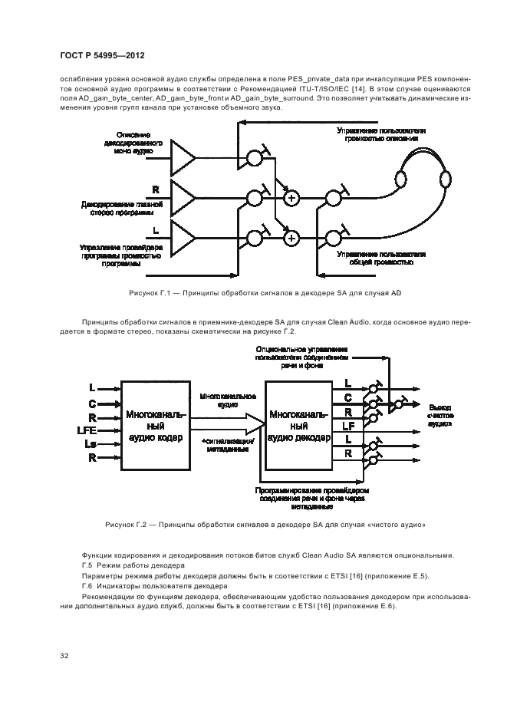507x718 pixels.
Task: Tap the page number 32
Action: coord(65,655)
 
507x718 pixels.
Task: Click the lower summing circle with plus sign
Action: coord(291,239)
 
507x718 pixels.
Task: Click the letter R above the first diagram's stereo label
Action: coord(156,189)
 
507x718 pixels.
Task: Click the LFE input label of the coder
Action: coord(87,430)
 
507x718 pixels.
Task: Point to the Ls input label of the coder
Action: coord(91,445)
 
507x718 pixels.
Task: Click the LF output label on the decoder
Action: coord(347,425)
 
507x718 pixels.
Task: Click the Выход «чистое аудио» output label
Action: coord(440,414)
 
